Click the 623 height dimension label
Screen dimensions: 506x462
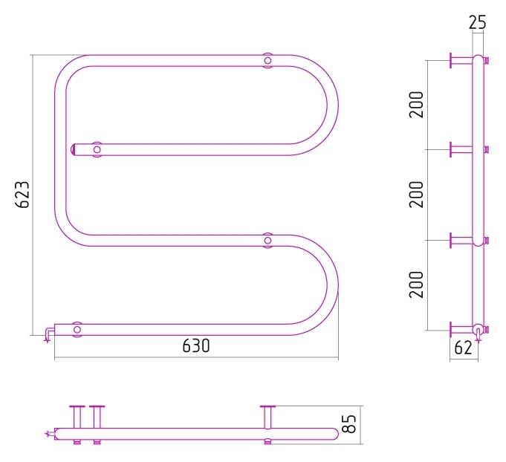point(22,195)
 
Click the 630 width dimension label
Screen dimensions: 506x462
point(196,346)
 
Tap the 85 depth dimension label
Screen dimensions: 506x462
point(348,423)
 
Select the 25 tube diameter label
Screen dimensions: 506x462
point(477,22)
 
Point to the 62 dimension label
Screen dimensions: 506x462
point(463,348)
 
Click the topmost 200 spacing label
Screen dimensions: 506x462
point(416,105)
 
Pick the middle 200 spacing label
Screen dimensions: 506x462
point(416,195)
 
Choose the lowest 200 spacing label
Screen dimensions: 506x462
point(416,284)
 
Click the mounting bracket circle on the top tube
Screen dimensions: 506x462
point(267,60)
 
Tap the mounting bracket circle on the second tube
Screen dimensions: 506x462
point(97,149)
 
